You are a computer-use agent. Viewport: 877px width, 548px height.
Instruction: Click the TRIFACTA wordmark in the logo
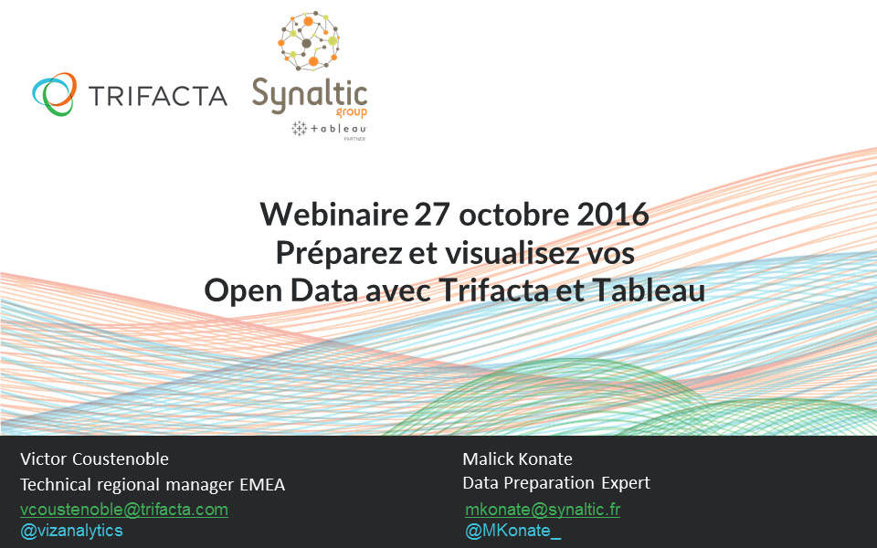click(x=158, y=95)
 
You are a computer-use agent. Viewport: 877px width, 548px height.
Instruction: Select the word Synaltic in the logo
click(x=309, y=94)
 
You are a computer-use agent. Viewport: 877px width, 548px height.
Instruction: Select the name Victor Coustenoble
click(x=94, y=459)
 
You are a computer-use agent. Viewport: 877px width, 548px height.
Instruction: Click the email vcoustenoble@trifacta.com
click(x=124, y=510)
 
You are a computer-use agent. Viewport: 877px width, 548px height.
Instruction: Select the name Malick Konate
click(x=517, y=459)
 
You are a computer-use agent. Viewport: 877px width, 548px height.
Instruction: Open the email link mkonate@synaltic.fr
click(x=543, y=510)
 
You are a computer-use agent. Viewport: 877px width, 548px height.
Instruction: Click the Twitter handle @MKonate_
click(x=512, y=531)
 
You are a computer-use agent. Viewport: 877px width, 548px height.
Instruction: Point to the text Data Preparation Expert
click(x=556, y=483)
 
